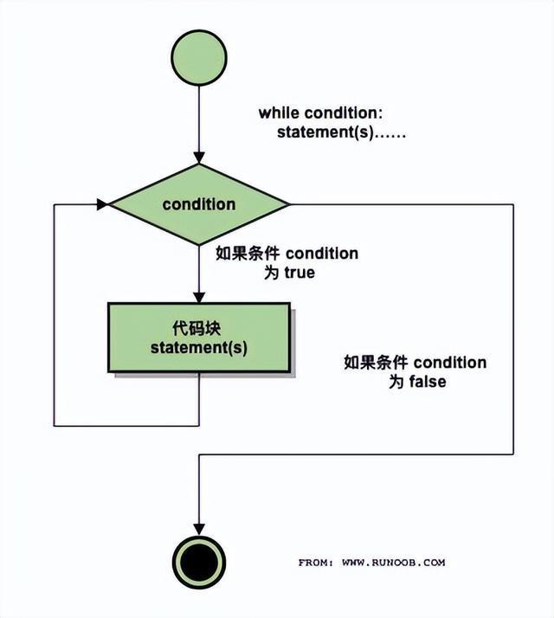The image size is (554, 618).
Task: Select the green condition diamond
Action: tap(199, 205)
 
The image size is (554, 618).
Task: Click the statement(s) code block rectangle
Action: tap(199, 338)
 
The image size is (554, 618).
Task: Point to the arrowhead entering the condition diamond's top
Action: tap(199, 158)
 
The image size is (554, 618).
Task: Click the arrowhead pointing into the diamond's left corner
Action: tap(102, 205)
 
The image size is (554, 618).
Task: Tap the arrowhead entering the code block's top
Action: tap(199, 296)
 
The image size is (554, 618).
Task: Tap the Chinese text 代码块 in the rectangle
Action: tap(198, 328)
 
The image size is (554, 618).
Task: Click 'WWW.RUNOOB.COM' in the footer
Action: tap(394, 562)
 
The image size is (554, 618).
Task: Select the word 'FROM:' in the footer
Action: tap(317, 562)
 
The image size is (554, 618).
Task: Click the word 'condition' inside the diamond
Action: tap(199, 205)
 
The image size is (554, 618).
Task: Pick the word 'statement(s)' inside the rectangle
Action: tap(199, 348)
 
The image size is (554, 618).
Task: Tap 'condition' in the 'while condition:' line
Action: tap(345, 113)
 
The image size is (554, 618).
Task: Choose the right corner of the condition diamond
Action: tap(287, 205)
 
